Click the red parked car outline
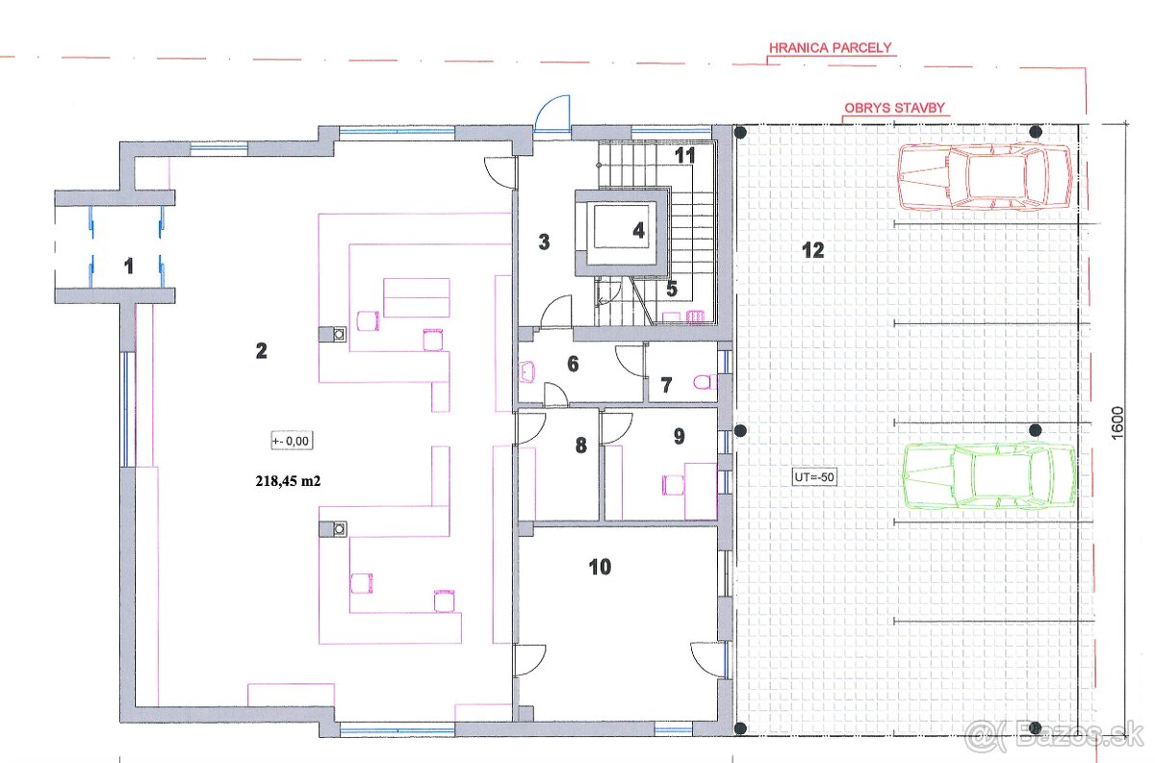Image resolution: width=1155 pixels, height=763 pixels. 985,177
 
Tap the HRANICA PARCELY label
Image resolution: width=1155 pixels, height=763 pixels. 830,48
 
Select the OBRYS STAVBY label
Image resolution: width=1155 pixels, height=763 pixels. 894,108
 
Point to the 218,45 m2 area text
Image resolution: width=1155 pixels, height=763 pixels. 288,481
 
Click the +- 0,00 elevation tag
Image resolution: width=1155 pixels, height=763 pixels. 292,441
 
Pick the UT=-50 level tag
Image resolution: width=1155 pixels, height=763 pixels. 814,477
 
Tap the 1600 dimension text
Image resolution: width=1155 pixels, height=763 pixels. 1116,422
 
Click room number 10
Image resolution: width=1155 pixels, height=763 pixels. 600,567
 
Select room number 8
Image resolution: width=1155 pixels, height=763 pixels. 581,445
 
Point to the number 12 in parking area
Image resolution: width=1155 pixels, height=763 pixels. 813,250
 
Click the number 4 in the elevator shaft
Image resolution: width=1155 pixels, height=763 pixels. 639,230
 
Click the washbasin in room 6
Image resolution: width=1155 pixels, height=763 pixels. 527,372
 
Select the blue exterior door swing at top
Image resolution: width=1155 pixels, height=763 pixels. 552,114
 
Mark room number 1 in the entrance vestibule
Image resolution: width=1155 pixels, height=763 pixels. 129,266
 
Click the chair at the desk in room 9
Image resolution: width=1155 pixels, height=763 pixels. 674,485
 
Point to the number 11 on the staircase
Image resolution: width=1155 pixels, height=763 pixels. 684,156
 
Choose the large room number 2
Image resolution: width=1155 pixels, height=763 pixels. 262,351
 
